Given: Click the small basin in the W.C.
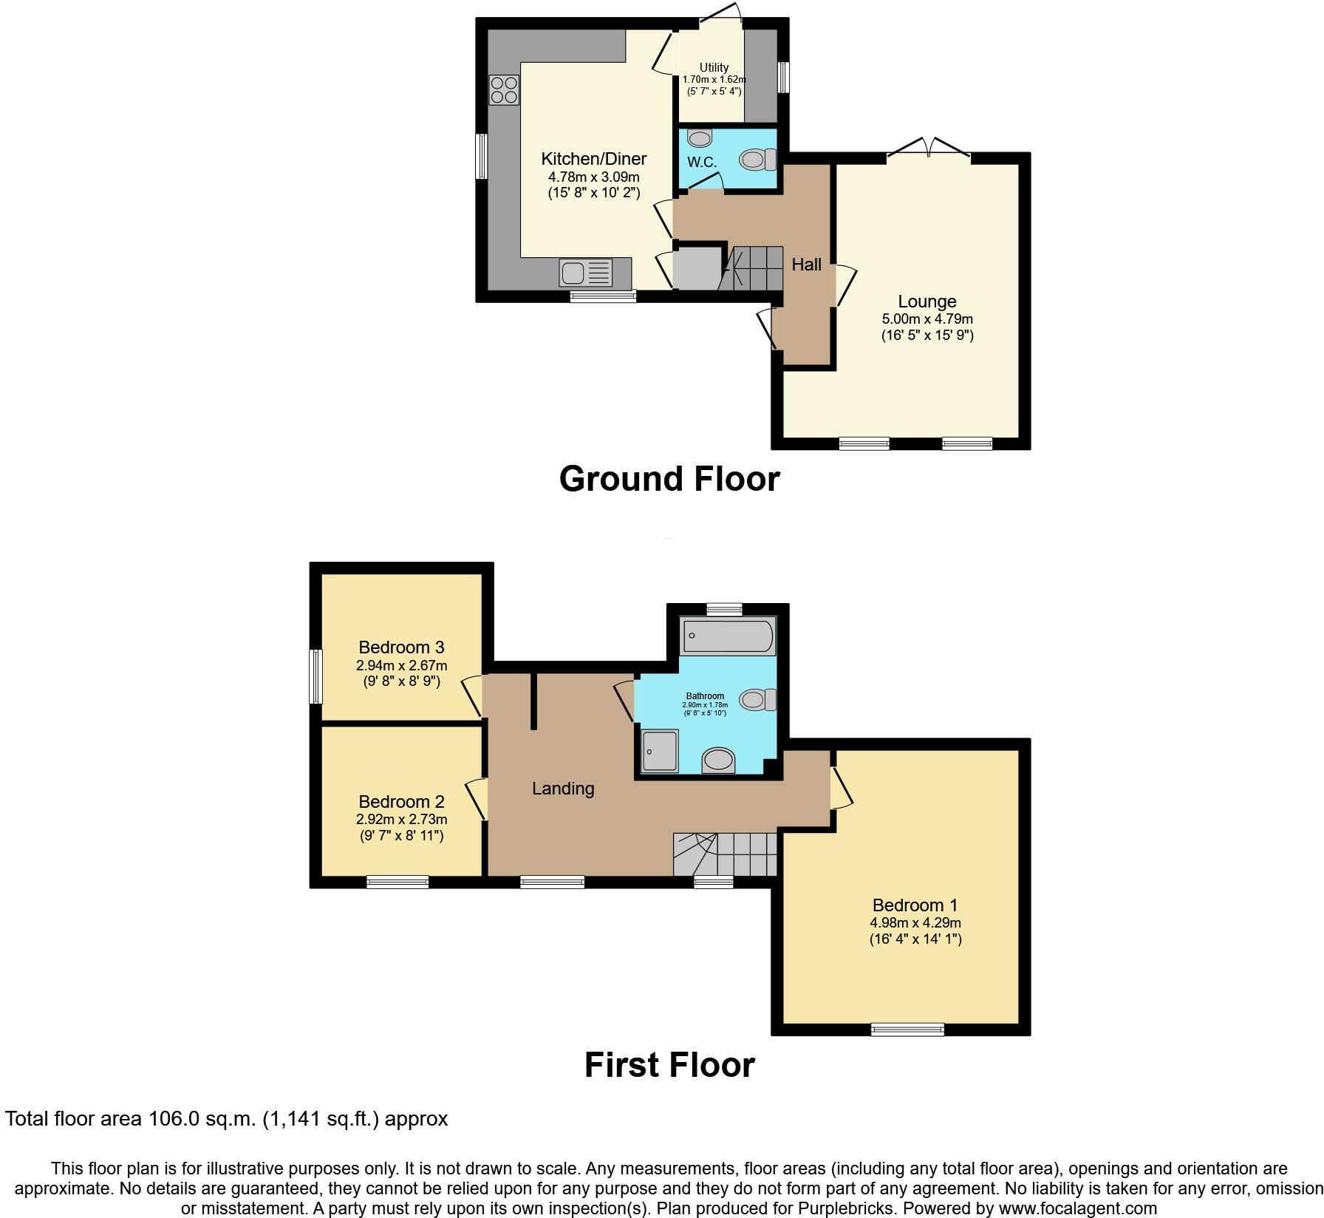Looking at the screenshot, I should click(698, 138).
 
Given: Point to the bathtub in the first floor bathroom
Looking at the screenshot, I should click(728, 635).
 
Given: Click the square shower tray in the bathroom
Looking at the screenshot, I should click(659, 750).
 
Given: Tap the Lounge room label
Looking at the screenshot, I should click(927, 302).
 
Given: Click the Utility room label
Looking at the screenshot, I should click(714, 67).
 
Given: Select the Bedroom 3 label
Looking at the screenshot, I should click(401, 647).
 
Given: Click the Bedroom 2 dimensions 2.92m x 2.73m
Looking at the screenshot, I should click(401, 819).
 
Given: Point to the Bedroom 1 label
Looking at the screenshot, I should click(915, 905).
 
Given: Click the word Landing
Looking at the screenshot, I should click(563, 789).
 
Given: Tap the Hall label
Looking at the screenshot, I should click(806, 265).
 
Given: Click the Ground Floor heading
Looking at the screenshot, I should click(669, 479).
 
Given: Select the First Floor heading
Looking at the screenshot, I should click(669, 1065).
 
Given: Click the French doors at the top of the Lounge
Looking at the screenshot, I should click(928, 150).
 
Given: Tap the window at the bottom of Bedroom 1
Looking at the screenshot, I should click(907, 1029).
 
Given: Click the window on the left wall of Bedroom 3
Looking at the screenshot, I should click(316, 676).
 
